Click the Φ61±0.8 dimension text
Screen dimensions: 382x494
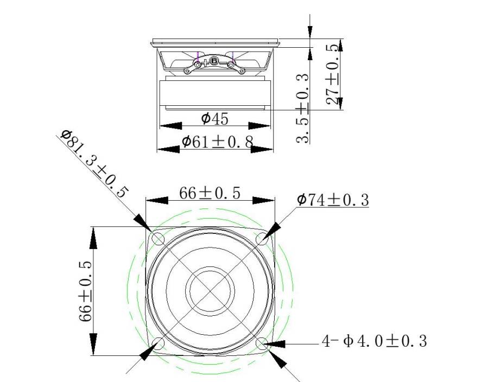tap(217, 142)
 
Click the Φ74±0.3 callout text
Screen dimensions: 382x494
tap(332, 200)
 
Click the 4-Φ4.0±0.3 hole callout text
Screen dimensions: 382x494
tap(375, 341)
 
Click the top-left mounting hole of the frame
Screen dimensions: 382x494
tap(159, 239)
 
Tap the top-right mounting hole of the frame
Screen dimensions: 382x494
tap(262, 239)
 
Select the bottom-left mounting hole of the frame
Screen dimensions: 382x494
tap(159, 342)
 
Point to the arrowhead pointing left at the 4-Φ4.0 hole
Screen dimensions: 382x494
tap(278, 343)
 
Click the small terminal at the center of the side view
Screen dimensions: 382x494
tap(214, 61)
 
